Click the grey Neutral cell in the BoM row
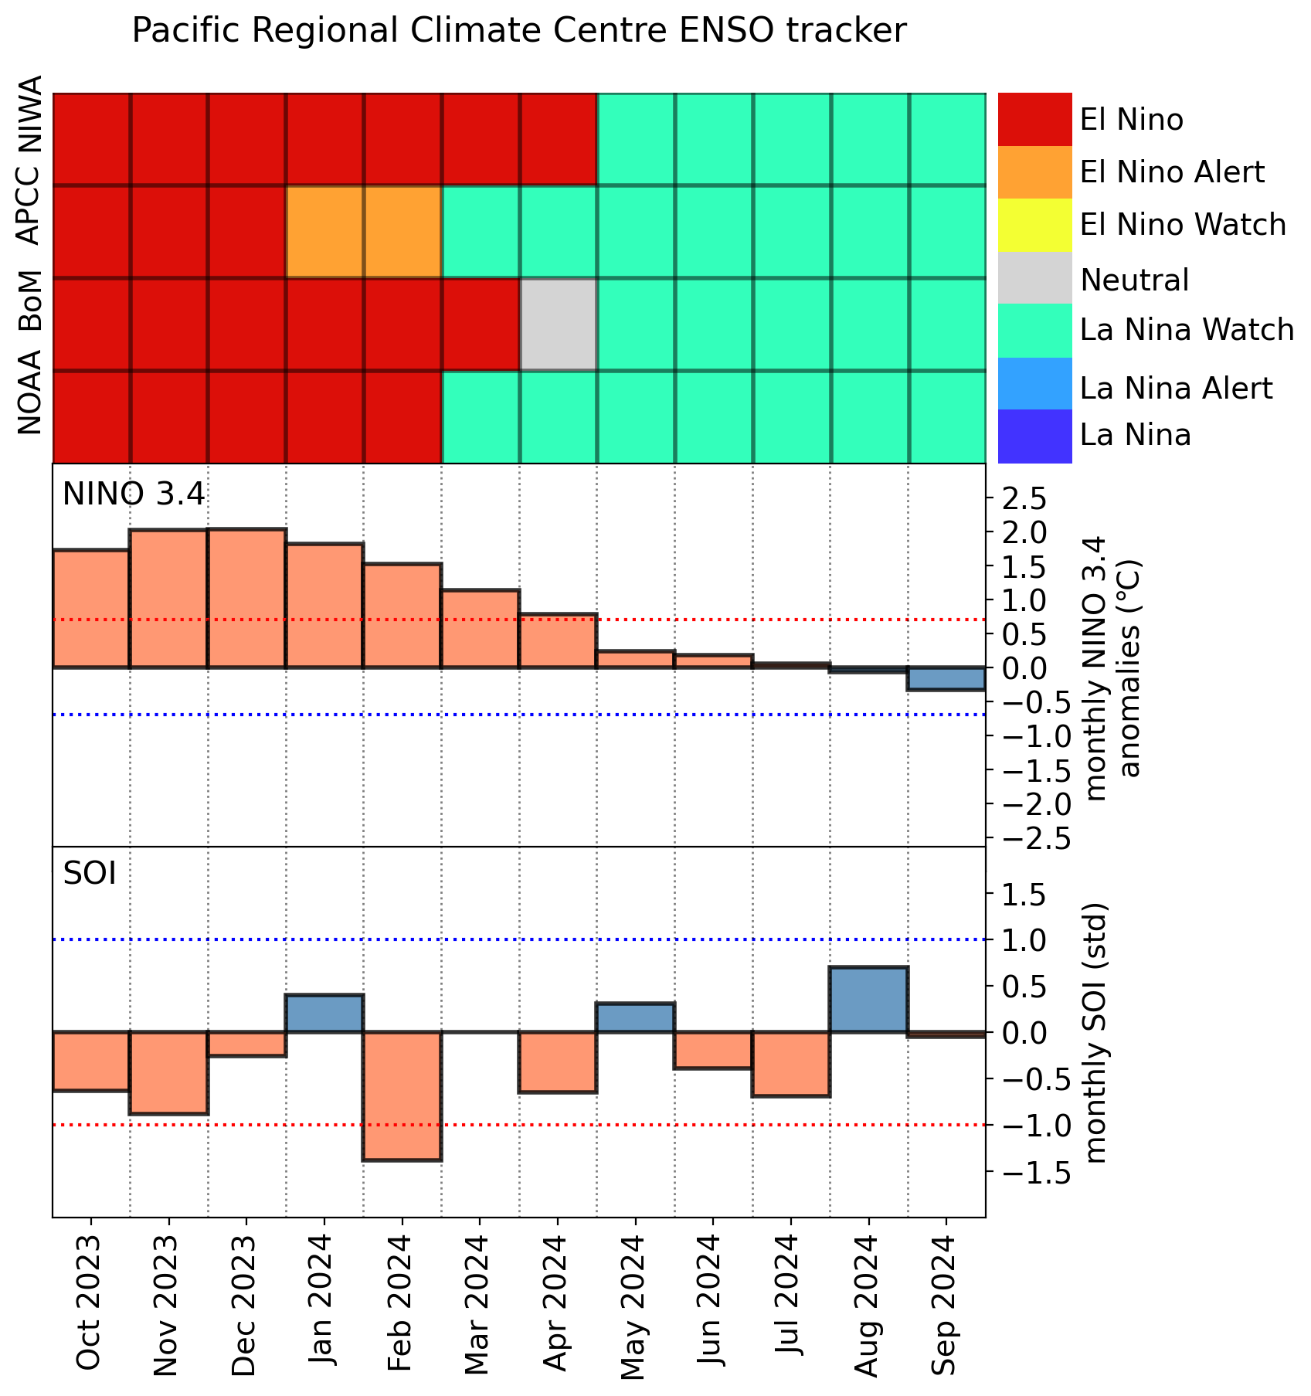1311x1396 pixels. pos(558,324)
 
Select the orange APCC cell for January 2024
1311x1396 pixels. pos(324,232)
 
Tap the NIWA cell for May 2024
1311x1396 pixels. pos(636,139)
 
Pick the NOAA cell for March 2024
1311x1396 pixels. pos(480,417)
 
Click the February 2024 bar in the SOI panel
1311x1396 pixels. pos(402,1095)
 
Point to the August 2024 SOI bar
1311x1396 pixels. pos(868,1000)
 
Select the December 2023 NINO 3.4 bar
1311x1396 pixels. pos(246,599)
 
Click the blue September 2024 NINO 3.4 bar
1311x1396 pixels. pos(946,678)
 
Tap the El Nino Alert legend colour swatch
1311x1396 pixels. pos(1035,172)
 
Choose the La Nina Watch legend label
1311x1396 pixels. pos(1187,330)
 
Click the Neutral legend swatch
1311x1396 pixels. pos(1035,278)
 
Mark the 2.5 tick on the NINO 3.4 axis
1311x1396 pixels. pos(1024,499)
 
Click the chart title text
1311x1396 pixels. pos(519,32)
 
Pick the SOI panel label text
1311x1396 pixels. pos(90,873)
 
